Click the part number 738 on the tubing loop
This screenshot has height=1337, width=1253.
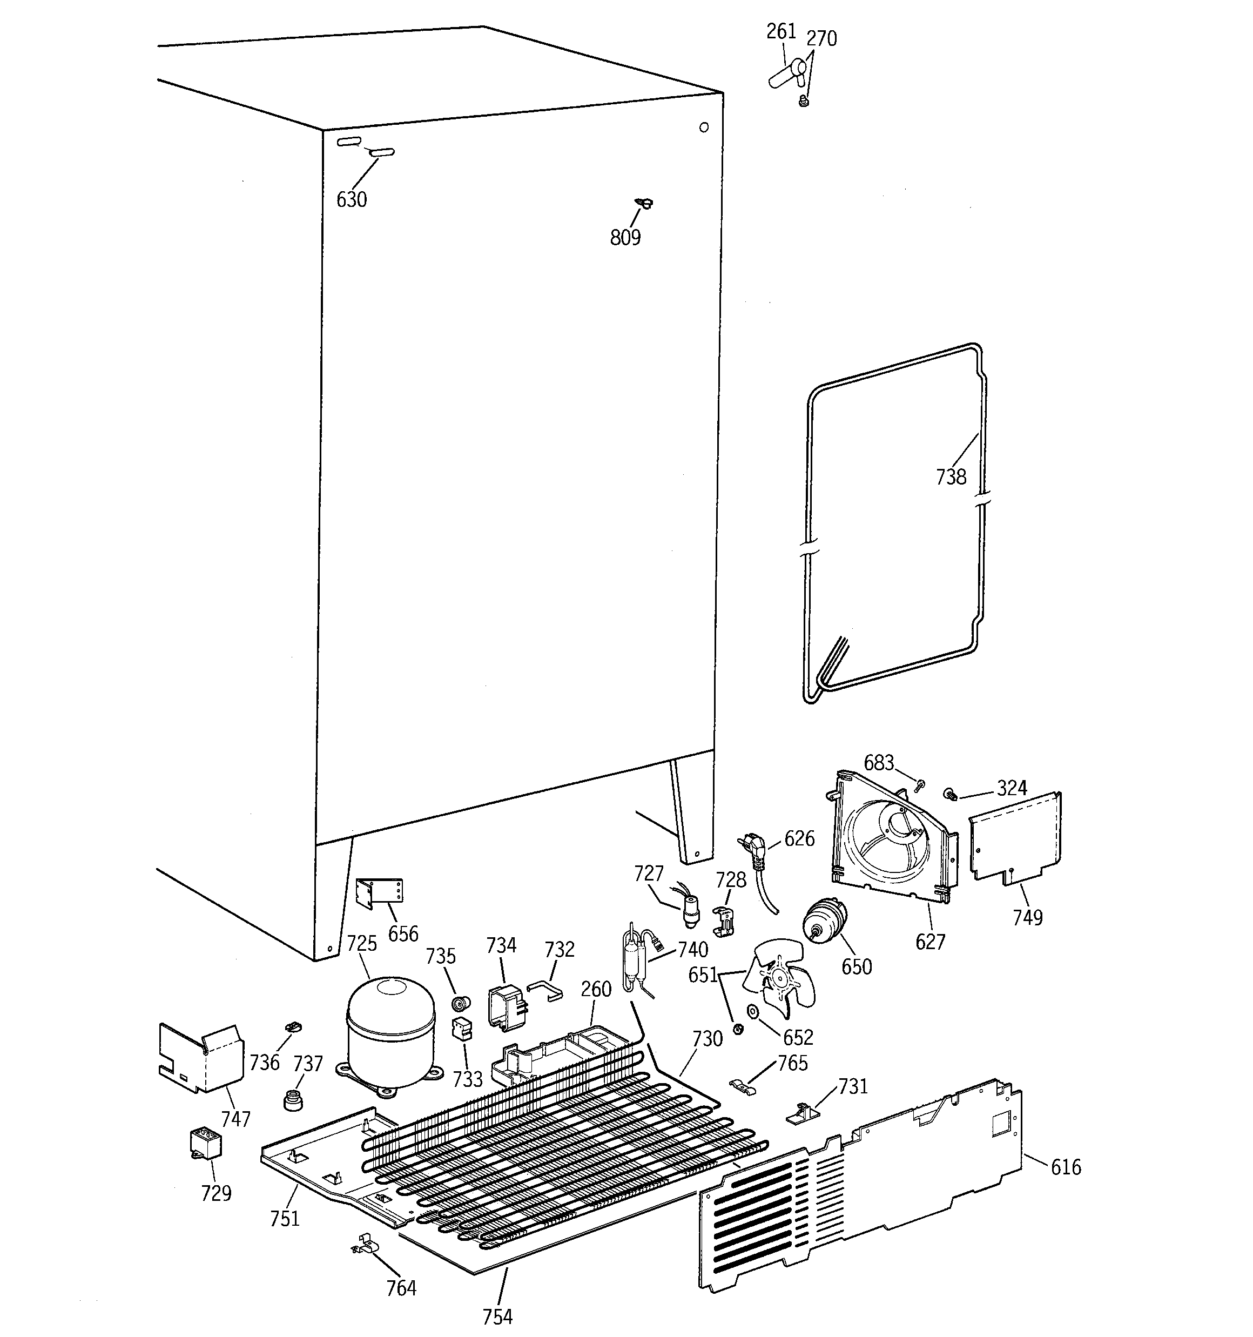point(951,477)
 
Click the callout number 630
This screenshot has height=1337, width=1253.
point(351,199)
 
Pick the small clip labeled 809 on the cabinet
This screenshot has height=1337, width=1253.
point(645,203)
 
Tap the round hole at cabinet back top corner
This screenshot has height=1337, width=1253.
point(704,127)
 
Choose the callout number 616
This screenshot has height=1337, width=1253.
point(1066,1167)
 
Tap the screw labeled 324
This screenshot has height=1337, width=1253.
point(951,794)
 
